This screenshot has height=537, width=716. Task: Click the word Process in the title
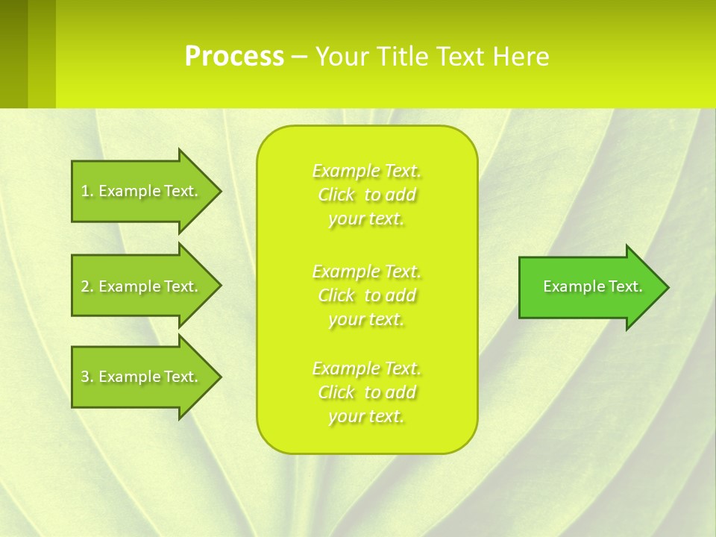tap(234, 57)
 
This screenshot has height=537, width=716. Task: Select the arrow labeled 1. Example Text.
tap(142, 191)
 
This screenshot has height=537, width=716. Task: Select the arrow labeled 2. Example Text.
tap(142, 286)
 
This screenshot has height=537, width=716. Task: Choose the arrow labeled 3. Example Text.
tap(142, 377)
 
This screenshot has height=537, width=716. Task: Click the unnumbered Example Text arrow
tap(589, 286)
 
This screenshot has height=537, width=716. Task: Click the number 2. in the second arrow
tap(87, 286)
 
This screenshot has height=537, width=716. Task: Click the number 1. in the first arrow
tap(87, 191)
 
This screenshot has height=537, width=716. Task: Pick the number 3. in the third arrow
tap(87, 377)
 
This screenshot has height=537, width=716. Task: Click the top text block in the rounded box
tap(366, 195)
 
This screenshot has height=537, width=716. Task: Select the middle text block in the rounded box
tap(366, 295)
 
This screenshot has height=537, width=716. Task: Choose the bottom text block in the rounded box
tap(366, 392)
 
